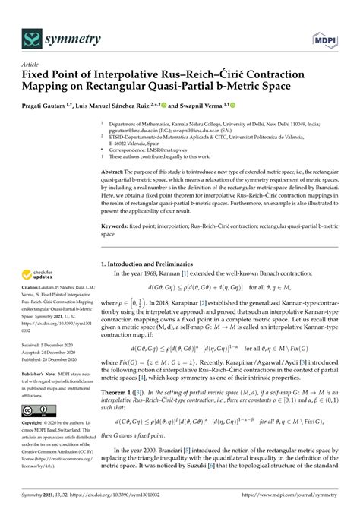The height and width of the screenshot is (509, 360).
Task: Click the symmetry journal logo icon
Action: (33, 37)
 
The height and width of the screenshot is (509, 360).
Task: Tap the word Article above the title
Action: (30, 65)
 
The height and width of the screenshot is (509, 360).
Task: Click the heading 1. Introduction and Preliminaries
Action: (151, 264)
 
